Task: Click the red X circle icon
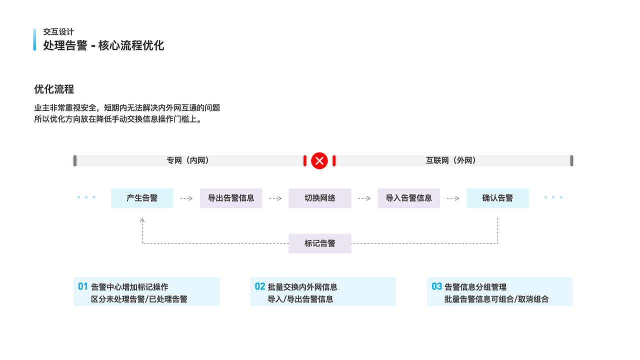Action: (x=319, y=160)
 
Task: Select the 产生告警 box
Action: (x=142, y=198)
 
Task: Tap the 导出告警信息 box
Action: (x=231, y=198)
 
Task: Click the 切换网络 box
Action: (x=320, y=198)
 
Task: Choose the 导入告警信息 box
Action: (x=408, y=198)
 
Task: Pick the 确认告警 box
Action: (x=497, y=198)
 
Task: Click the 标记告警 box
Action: (x=320, y=243)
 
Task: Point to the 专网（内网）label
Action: (x=187, y=160)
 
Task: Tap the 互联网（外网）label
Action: (x=451, y=160)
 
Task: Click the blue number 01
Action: (x=83, y=286)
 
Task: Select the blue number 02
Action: (x=260, y=286)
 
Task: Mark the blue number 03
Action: (x=436, y=286)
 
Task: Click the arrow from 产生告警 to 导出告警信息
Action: (x=186, y=198)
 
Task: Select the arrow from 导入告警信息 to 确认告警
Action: (x=453, y=198)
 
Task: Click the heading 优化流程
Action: (x=54, y=89)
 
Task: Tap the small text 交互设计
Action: (x=58, y=32)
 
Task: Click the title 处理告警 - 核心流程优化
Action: (x=103, y=45)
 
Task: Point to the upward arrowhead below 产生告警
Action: (x=142, y=219)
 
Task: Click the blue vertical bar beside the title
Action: (x=34, y=39)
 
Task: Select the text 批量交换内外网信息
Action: (x=302, y=287)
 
